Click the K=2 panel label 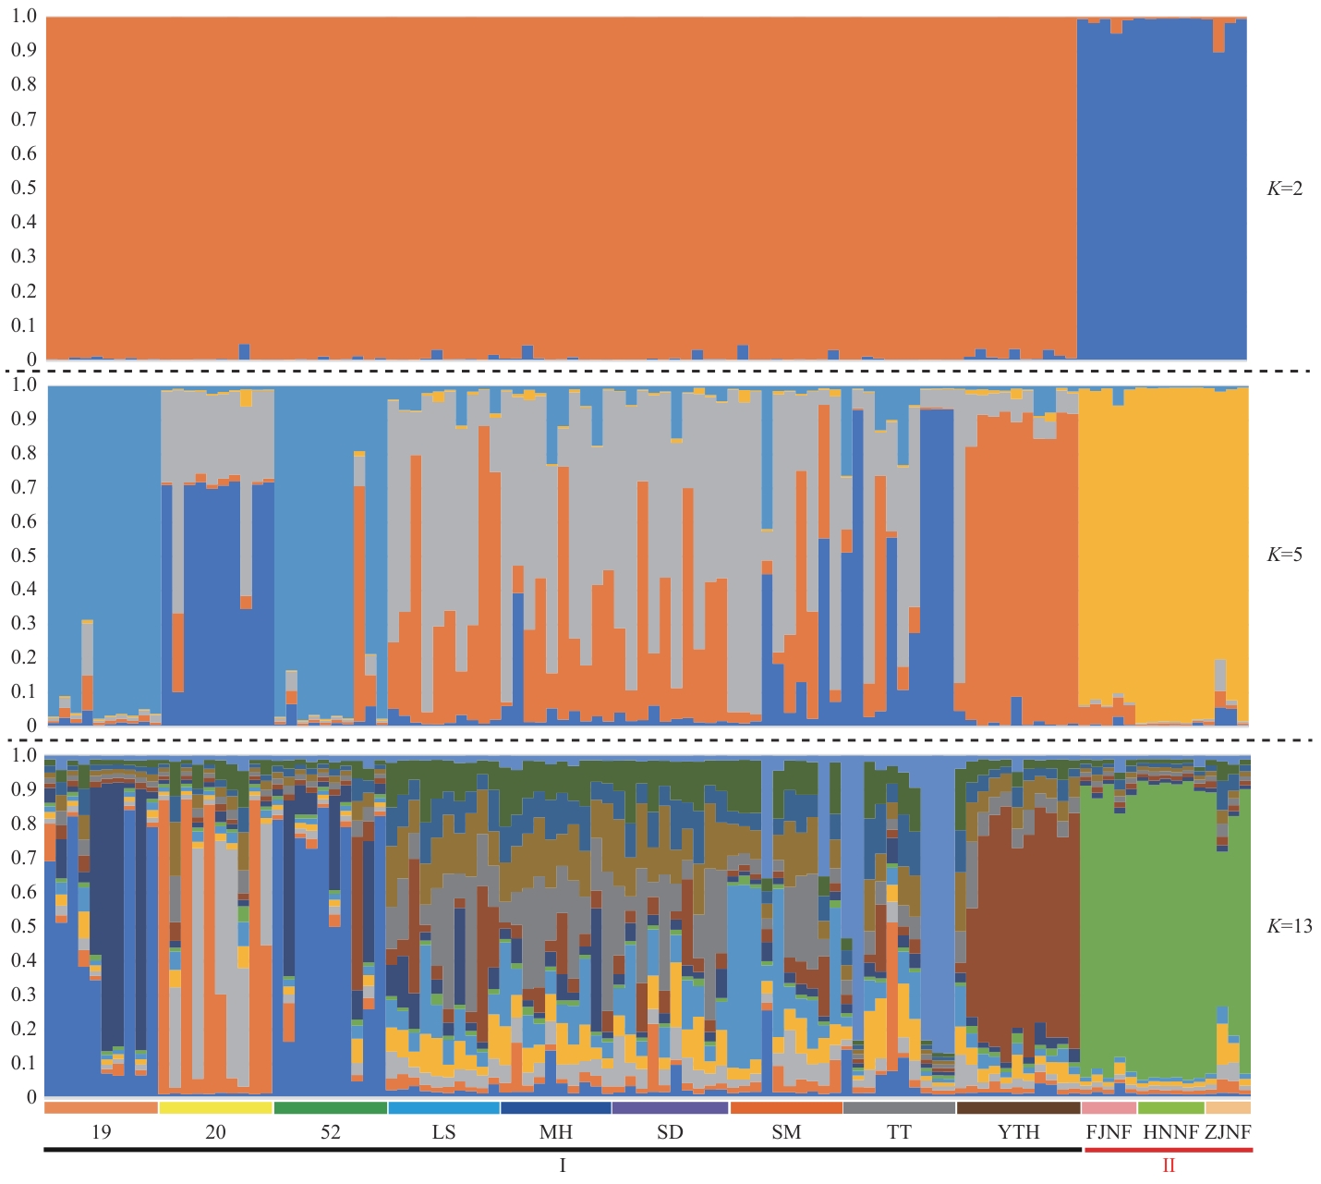tap(1284, 189)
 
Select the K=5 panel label tap(1284, 555)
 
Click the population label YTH tap(1018, 1132)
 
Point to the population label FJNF tap(1109, 1132)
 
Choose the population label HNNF tap(1170, 1132)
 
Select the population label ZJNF tap(1228, 1132)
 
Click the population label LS tap(443, 1132)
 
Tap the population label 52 tap(330, 1132)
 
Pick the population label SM tap(786, 1132)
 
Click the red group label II tap(1169, 1166)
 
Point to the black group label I tap(563, 1166)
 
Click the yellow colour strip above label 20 tap(216, 1107)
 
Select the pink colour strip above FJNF tap(1109, 1107)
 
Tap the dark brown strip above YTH tap(1018, 1107)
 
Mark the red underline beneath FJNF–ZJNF tap(1169, 1150)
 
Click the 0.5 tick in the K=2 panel tap(24, 188)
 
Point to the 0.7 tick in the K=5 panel tap(24, 486)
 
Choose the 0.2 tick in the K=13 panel tap(24, 1029)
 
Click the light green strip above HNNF tap(1170, 1107)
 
